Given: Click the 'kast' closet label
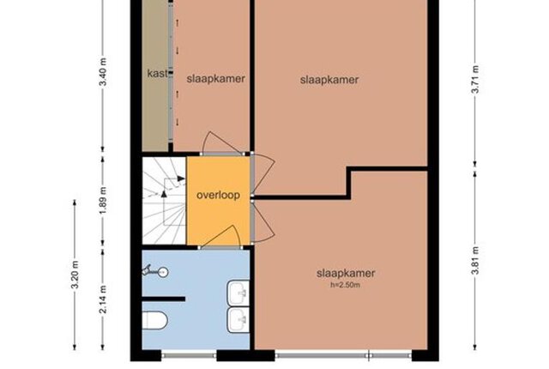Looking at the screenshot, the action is click(x=157, y=74).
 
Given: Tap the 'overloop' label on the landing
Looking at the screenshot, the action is click(x=218, y=195).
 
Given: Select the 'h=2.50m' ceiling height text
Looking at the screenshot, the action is click(x=345, y=285).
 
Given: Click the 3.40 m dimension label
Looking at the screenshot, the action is click(x=103, y=72).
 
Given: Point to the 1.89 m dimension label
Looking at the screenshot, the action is click(x=103, y=201).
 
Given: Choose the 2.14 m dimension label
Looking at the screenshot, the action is click(x=103, y=299).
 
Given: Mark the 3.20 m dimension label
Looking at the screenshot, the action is click(x=75, y=275).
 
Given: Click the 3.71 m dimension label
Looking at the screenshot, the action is click(x=475, y=80).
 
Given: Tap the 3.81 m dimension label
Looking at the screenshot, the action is click(x=475, y=261).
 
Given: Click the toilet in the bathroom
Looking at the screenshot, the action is click(x=154, y=320).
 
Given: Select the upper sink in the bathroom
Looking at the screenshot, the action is click(x=238, y=293).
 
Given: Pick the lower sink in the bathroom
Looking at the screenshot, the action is click(x=238, y=320).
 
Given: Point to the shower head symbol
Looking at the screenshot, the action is click(x=155, y=271).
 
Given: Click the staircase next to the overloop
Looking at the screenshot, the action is click(x=164, y=201).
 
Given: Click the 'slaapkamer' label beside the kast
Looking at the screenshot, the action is click(x=215, y=78).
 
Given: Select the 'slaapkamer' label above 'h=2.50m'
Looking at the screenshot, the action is click(x=346, y=273).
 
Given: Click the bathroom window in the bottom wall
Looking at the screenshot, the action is click(x=189, y=355).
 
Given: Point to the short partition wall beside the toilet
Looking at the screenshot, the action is click(x=164, y=299).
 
